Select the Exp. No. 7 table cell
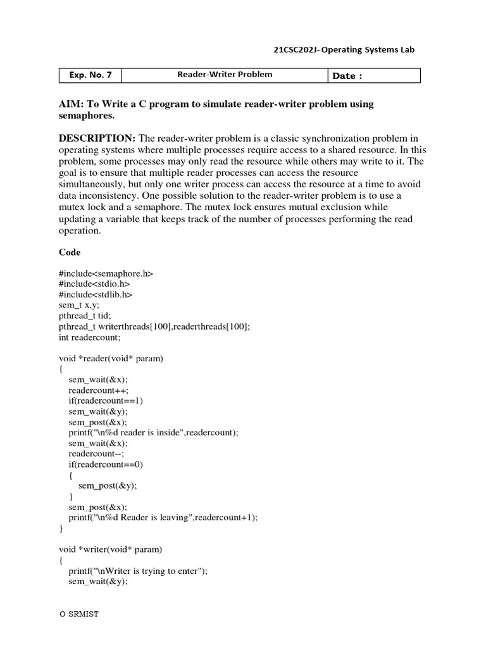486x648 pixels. point(90,75)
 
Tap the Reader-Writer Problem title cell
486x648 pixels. point(225,75)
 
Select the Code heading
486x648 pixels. point(70,252)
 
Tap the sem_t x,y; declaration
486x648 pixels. point(80,305)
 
